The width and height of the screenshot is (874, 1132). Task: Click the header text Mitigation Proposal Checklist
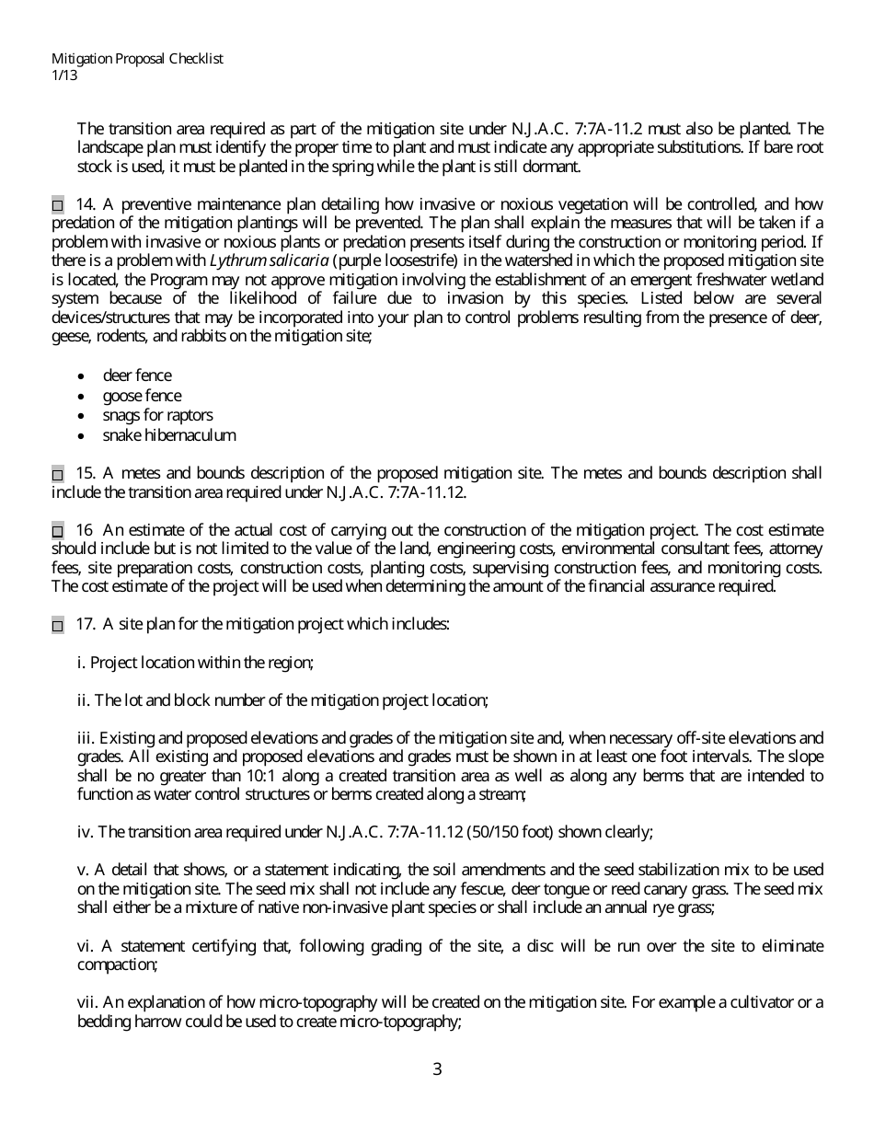pyautogui.click(x=137, y=59)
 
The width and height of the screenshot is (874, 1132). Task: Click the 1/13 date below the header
pyautogui.click(x=64, y=75)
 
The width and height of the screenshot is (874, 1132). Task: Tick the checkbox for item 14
pyautogui.click(x=58, y=205)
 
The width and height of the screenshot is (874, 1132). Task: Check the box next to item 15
pyautogui.click(x=58, y=475)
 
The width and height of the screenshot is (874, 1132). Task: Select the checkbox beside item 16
pyautogui.click(x=58, y=532)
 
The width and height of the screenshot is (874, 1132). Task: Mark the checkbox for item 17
pyautogui.click(x=58, y=626)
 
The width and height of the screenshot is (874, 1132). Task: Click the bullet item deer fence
pyautogui.click(x=136, y=375)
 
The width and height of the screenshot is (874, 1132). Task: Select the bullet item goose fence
pyautogui.click(x=142, y=396)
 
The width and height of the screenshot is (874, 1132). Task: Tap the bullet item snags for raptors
pyautogui.click(x=157, y=415)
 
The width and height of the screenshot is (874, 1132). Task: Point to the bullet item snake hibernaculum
pyautogui.click(x=169, y=435)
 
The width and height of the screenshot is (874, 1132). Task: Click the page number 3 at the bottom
pyautogui.click(x=437, y=1069)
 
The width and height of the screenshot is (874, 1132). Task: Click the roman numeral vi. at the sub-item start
pyautogui.click(x=86, y=946)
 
